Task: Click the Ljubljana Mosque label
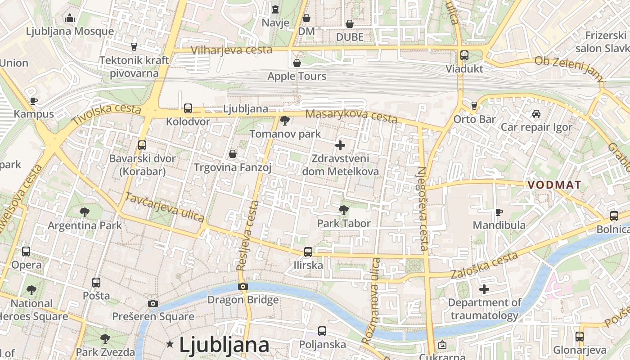[x=70, y=31]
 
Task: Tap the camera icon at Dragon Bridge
[x=243, y=286]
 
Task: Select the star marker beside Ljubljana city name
[x=170, y=344]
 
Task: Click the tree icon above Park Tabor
[x=343, y=210]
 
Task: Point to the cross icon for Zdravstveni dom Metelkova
[x=340, y=145]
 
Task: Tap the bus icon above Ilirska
[x=308, y=252]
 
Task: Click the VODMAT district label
[x=554, y=185]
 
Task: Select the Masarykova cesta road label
[x=351, y=116]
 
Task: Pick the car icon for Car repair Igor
[x=536, y=114]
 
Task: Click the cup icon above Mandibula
[x=499, y=211]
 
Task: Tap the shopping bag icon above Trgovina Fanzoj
[x=233, y=154]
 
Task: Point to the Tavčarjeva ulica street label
[x=165, y=207]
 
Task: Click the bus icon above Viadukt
[x=464, y=55]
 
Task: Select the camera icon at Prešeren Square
[x=153, y=303]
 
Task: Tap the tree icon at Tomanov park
[x=284, y=120]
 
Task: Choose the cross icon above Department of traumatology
[x=484, y=289]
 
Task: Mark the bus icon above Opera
[x=26, y=252]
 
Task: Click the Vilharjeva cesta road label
[x=231, y=50]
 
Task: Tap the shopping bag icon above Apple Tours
[x=297, y=63]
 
